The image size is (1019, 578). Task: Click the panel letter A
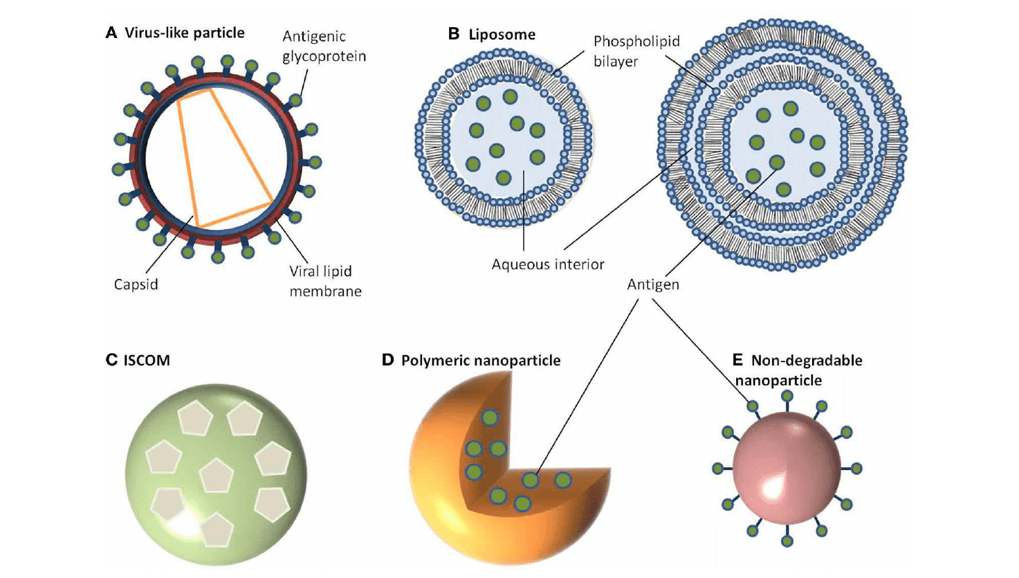(x=111, y=33)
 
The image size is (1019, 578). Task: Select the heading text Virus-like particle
(x=185, y=33)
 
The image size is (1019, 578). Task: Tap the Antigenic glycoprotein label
(x=324, y=46)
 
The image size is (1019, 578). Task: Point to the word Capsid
(x=136, y=284)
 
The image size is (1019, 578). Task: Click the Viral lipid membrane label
(x=324, y=281)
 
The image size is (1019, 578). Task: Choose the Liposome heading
(x=502, y=34)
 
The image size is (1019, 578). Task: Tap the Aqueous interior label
(x=548, y=264)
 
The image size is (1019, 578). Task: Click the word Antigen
(x=653, y=284)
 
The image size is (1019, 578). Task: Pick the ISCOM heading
(x=147, y=360)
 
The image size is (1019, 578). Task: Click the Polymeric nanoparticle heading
(x=481, y=360)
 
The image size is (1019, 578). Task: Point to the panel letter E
(x=737, y=360)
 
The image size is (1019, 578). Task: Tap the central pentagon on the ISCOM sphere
(x=216, y=476)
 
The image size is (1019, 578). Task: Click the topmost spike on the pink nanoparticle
(x=787, y=397)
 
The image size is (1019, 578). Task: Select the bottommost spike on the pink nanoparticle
(x=787, y=541)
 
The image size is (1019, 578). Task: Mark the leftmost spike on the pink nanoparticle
(x=718, y=469)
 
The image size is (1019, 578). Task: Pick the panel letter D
(x=387, y=360)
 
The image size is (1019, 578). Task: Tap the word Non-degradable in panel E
(x=807, y=360)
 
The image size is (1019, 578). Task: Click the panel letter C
(x=111, y=360)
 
